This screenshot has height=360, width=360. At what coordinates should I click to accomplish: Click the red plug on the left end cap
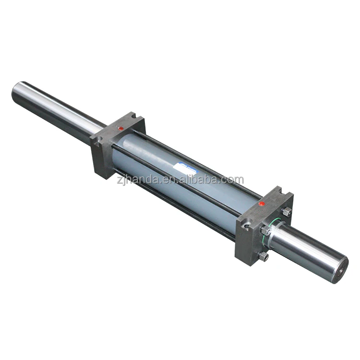point(121,128)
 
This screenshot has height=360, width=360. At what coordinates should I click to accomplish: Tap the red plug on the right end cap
point(262,204)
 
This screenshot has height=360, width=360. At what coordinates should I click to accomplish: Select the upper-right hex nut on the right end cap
point(287,211)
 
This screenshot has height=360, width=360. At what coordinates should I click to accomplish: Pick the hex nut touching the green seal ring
point(266,231)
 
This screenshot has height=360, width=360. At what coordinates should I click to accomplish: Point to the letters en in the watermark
point(162,180)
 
